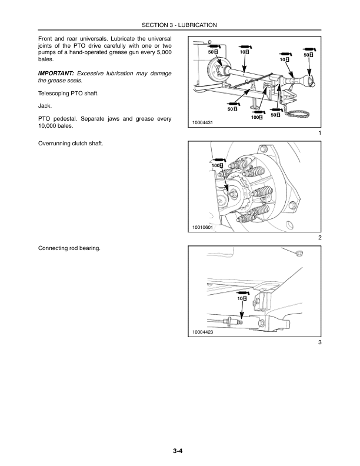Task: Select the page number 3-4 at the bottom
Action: tap(179, 451)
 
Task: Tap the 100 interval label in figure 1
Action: tap(256, 118)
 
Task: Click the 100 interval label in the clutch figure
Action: tap(218, 166)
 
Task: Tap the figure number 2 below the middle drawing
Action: tap(319, 238)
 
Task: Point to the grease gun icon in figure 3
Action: tap(241, 292)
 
